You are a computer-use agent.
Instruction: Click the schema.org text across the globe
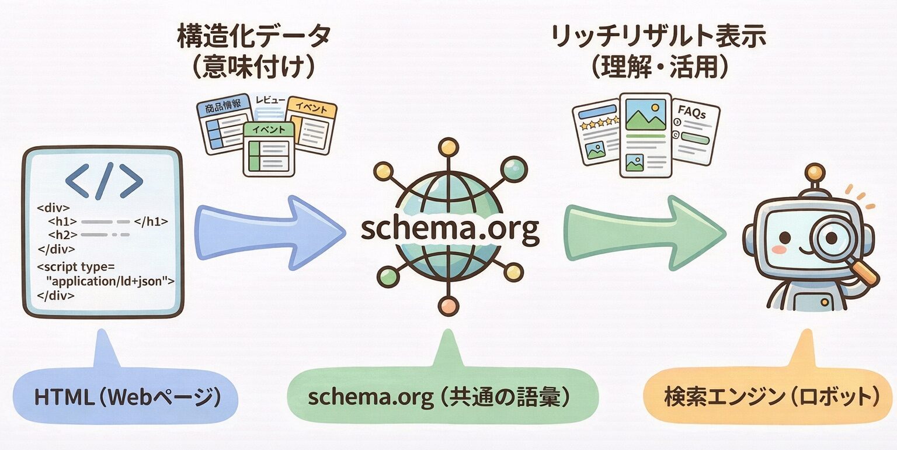tap(449, 230)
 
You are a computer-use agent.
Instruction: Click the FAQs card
tap(694, 131)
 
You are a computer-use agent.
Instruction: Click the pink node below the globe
tap(447, 305)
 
